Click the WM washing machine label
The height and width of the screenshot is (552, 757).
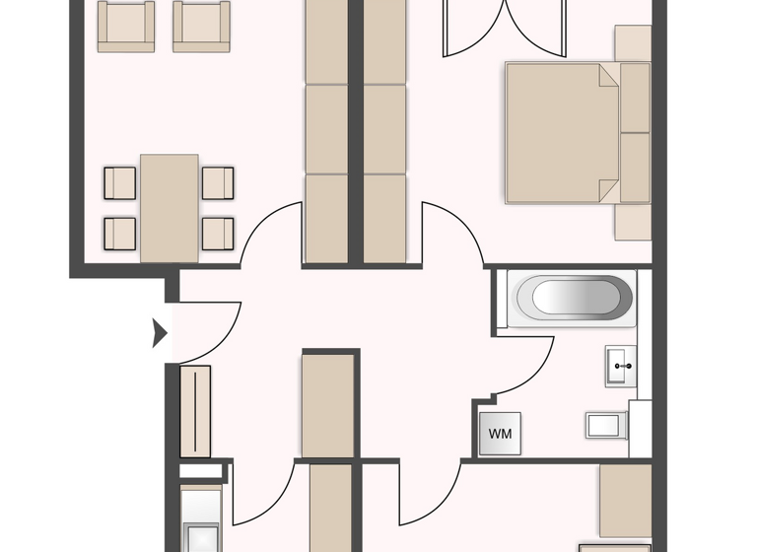[x=500, y=434]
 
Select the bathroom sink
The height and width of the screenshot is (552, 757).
[x=621, y=365]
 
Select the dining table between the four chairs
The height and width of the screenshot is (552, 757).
[x=170, y=207]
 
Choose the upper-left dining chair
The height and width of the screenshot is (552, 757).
[x=120, y=182]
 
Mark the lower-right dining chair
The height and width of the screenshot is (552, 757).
[x=218, y=233]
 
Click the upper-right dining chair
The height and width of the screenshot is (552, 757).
[x=218, y=182]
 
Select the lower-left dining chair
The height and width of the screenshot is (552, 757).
[x=120, y=233]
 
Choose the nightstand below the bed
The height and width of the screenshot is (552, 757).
[x=633, y=222]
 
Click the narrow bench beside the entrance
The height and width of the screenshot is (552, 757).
[x=195, y=411]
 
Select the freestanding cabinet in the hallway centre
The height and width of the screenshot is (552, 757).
[x=327, y=404]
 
